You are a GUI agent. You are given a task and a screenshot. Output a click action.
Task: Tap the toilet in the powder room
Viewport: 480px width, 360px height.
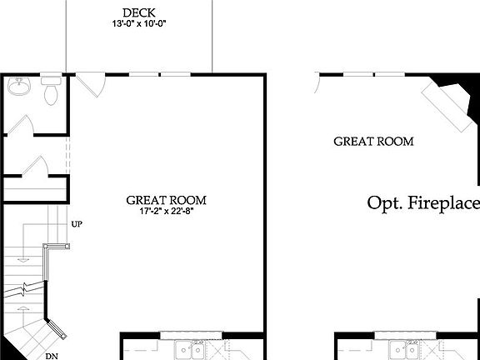coord(51,91)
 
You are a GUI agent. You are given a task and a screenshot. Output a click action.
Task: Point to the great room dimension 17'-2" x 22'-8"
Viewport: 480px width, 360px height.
coord(166,212)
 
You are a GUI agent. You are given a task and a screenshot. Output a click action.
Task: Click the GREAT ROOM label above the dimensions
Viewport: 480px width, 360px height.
coord(166,200)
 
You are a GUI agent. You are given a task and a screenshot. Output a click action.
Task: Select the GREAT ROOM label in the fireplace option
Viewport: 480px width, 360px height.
coord(373,141)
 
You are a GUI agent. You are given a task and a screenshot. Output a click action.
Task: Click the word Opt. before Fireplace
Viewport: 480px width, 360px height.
coord(386,203)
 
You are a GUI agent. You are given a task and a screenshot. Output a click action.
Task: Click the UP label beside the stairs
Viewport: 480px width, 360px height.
coord(77,225)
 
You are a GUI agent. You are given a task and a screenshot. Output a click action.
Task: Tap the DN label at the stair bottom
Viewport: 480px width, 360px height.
coord(52,356)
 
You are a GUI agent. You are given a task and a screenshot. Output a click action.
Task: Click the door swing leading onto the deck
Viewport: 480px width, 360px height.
coord(92,83)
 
